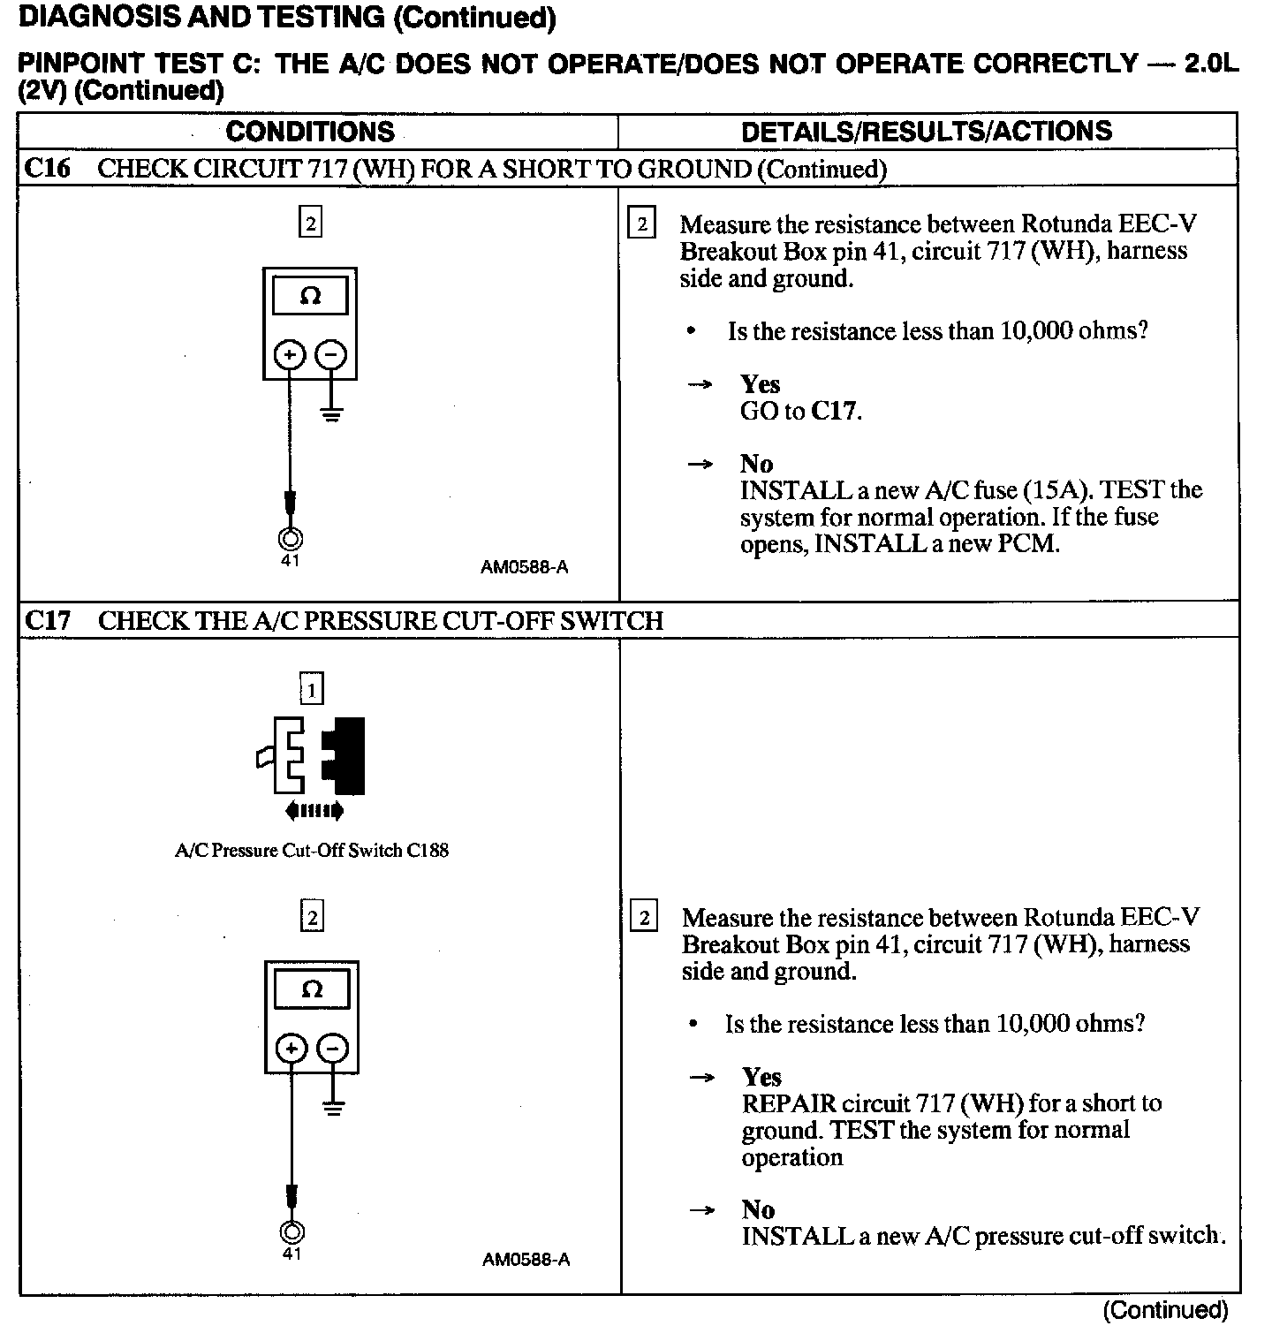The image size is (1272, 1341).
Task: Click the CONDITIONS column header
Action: tap(310, 132)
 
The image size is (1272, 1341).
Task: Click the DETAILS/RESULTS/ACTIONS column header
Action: tap(927, 132)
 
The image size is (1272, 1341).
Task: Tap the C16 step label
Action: tap(47, 169)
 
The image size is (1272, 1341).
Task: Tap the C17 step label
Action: tap(48, 621)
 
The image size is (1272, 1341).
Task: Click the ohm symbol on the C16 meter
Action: tap(310, 297)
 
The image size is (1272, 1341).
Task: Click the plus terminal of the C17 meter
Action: tap(291, 1049)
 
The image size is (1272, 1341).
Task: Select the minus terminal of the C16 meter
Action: tap(331, 355)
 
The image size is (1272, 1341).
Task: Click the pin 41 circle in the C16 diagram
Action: tap(290, 539)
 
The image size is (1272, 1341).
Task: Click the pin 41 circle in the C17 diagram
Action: tap(291, 1232)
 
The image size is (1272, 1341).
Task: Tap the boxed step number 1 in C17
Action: tap(311, 688)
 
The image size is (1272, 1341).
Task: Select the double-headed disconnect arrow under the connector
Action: tap(314, 811)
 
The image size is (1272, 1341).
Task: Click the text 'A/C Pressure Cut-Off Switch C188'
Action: tap(312, 851)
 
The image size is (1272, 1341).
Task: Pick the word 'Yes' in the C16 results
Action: tap(760, 384)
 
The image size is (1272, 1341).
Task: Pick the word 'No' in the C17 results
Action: tap(758, 1209)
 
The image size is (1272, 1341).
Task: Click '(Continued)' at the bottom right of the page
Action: tap(1165, 1310)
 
